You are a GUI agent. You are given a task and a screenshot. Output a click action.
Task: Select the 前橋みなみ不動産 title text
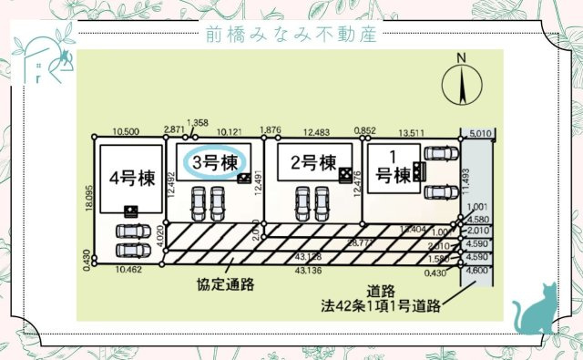tap(291, 35)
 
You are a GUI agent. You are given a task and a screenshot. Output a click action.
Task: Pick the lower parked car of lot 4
tap(135, 250)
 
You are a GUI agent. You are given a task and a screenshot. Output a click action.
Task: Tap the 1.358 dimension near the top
tap(197, 123)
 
